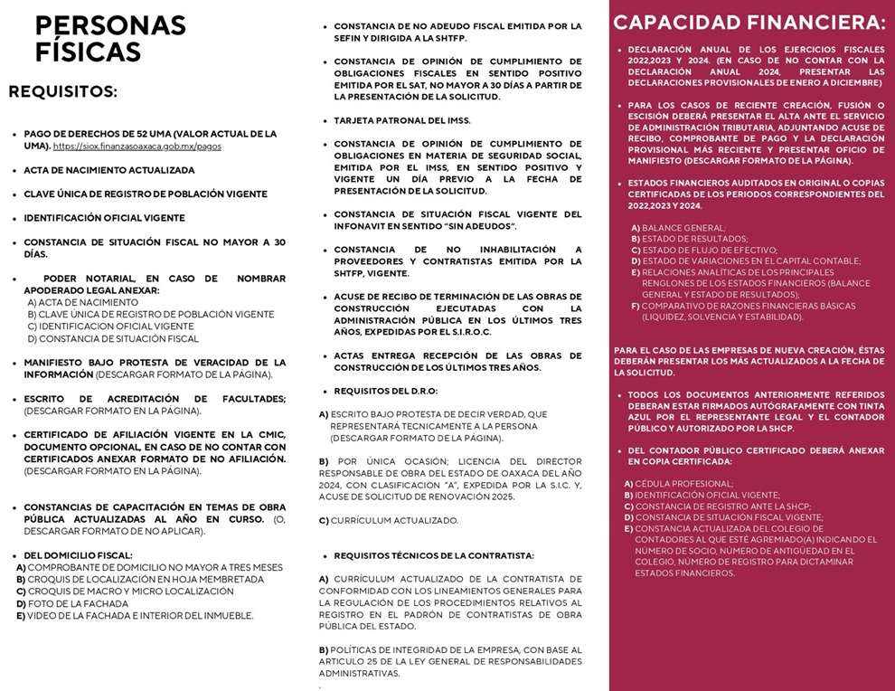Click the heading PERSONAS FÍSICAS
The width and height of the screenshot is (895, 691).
[110, 39]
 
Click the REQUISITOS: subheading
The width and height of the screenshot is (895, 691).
[63, 91]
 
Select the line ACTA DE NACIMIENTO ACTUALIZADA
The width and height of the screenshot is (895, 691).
[108, 170]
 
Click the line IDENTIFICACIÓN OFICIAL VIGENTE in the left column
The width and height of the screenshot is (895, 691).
[104, 218]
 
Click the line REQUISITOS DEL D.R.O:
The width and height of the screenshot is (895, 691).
[386, 391]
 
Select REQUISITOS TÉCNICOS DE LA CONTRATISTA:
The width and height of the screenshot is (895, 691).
[434, 555]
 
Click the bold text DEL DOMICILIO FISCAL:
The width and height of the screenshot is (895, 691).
[78, 555]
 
